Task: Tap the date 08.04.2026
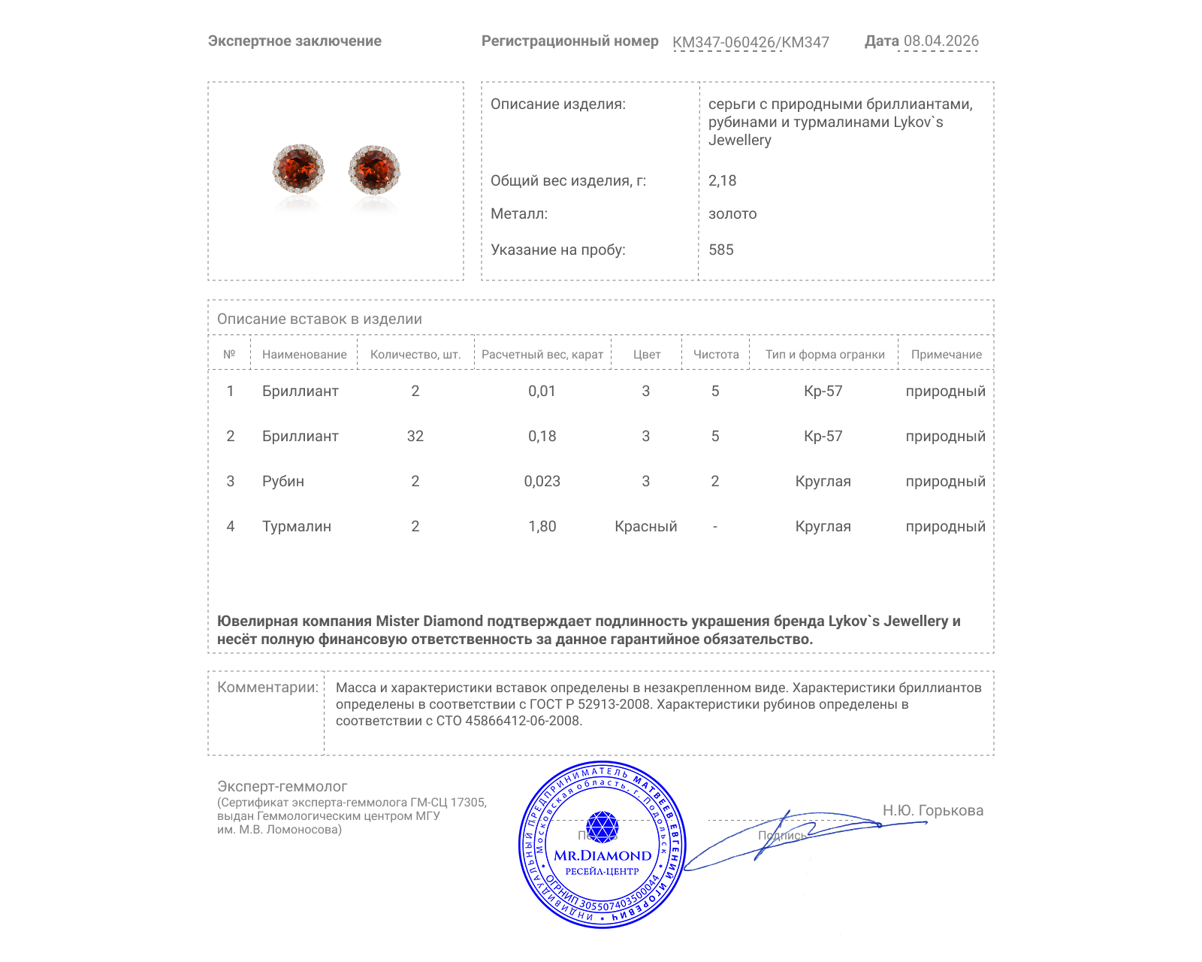[x=941, y=41]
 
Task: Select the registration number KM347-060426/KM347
[x=750, y=43]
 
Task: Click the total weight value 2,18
[x=722, y=181]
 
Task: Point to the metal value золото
[x=732, y=214]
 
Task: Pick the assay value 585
[x=720, y=250]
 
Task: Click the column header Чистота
[x=715, y=355]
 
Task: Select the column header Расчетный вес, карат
[x=542, y=355]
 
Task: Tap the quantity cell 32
[x=415, y=437]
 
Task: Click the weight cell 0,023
[x=542, y=482]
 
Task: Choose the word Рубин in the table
[x=282, y=482]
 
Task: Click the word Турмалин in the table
[x=296, y=527]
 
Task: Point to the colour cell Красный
[x=645, y=527]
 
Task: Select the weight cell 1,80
[x=542, y=527]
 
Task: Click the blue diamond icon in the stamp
[x=602, y=827]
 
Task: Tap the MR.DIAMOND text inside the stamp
[x=603, y=855]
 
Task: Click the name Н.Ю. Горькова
[x=932, y=811]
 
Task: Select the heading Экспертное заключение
[x=294, y=41]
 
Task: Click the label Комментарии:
[x=267, y=688]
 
